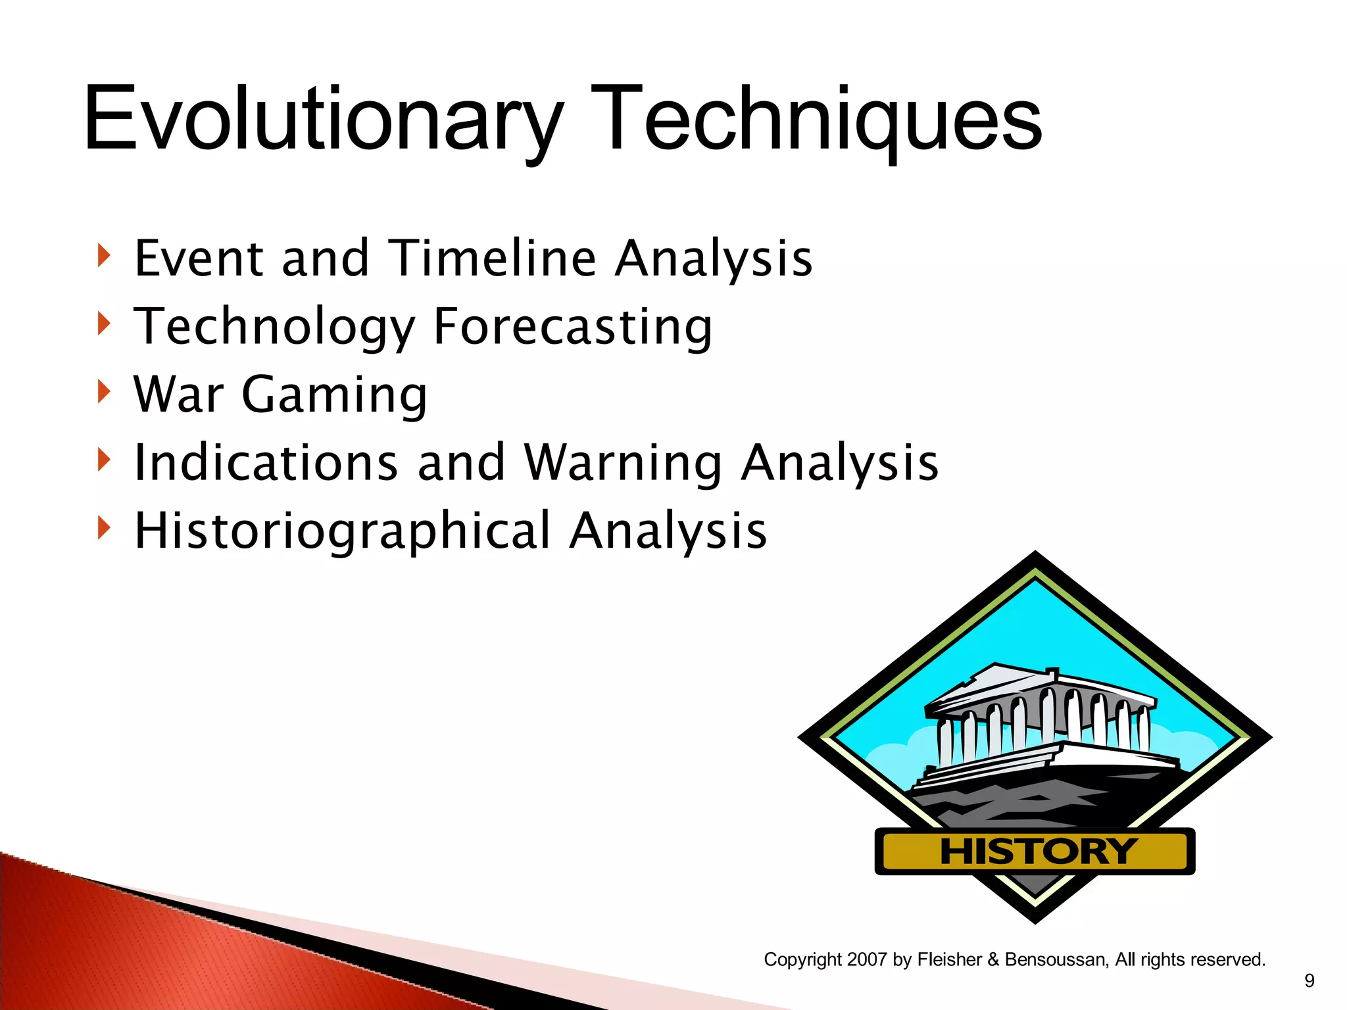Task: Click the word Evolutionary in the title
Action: coord(322,120)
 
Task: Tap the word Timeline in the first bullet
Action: coord(493,258)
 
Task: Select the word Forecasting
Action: coord(572,326)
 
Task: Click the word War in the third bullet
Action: coord(178,395)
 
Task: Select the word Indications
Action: coord(266,462)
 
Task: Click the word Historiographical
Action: coord(342,531)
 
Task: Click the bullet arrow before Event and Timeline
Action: coord(103,255)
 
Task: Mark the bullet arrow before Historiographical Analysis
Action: coord(103,527)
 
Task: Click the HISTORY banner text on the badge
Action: coord(1037,852)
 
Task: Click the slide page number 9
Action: coord(1309,981)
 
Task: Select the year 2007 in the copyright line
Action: coord(868,959)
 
